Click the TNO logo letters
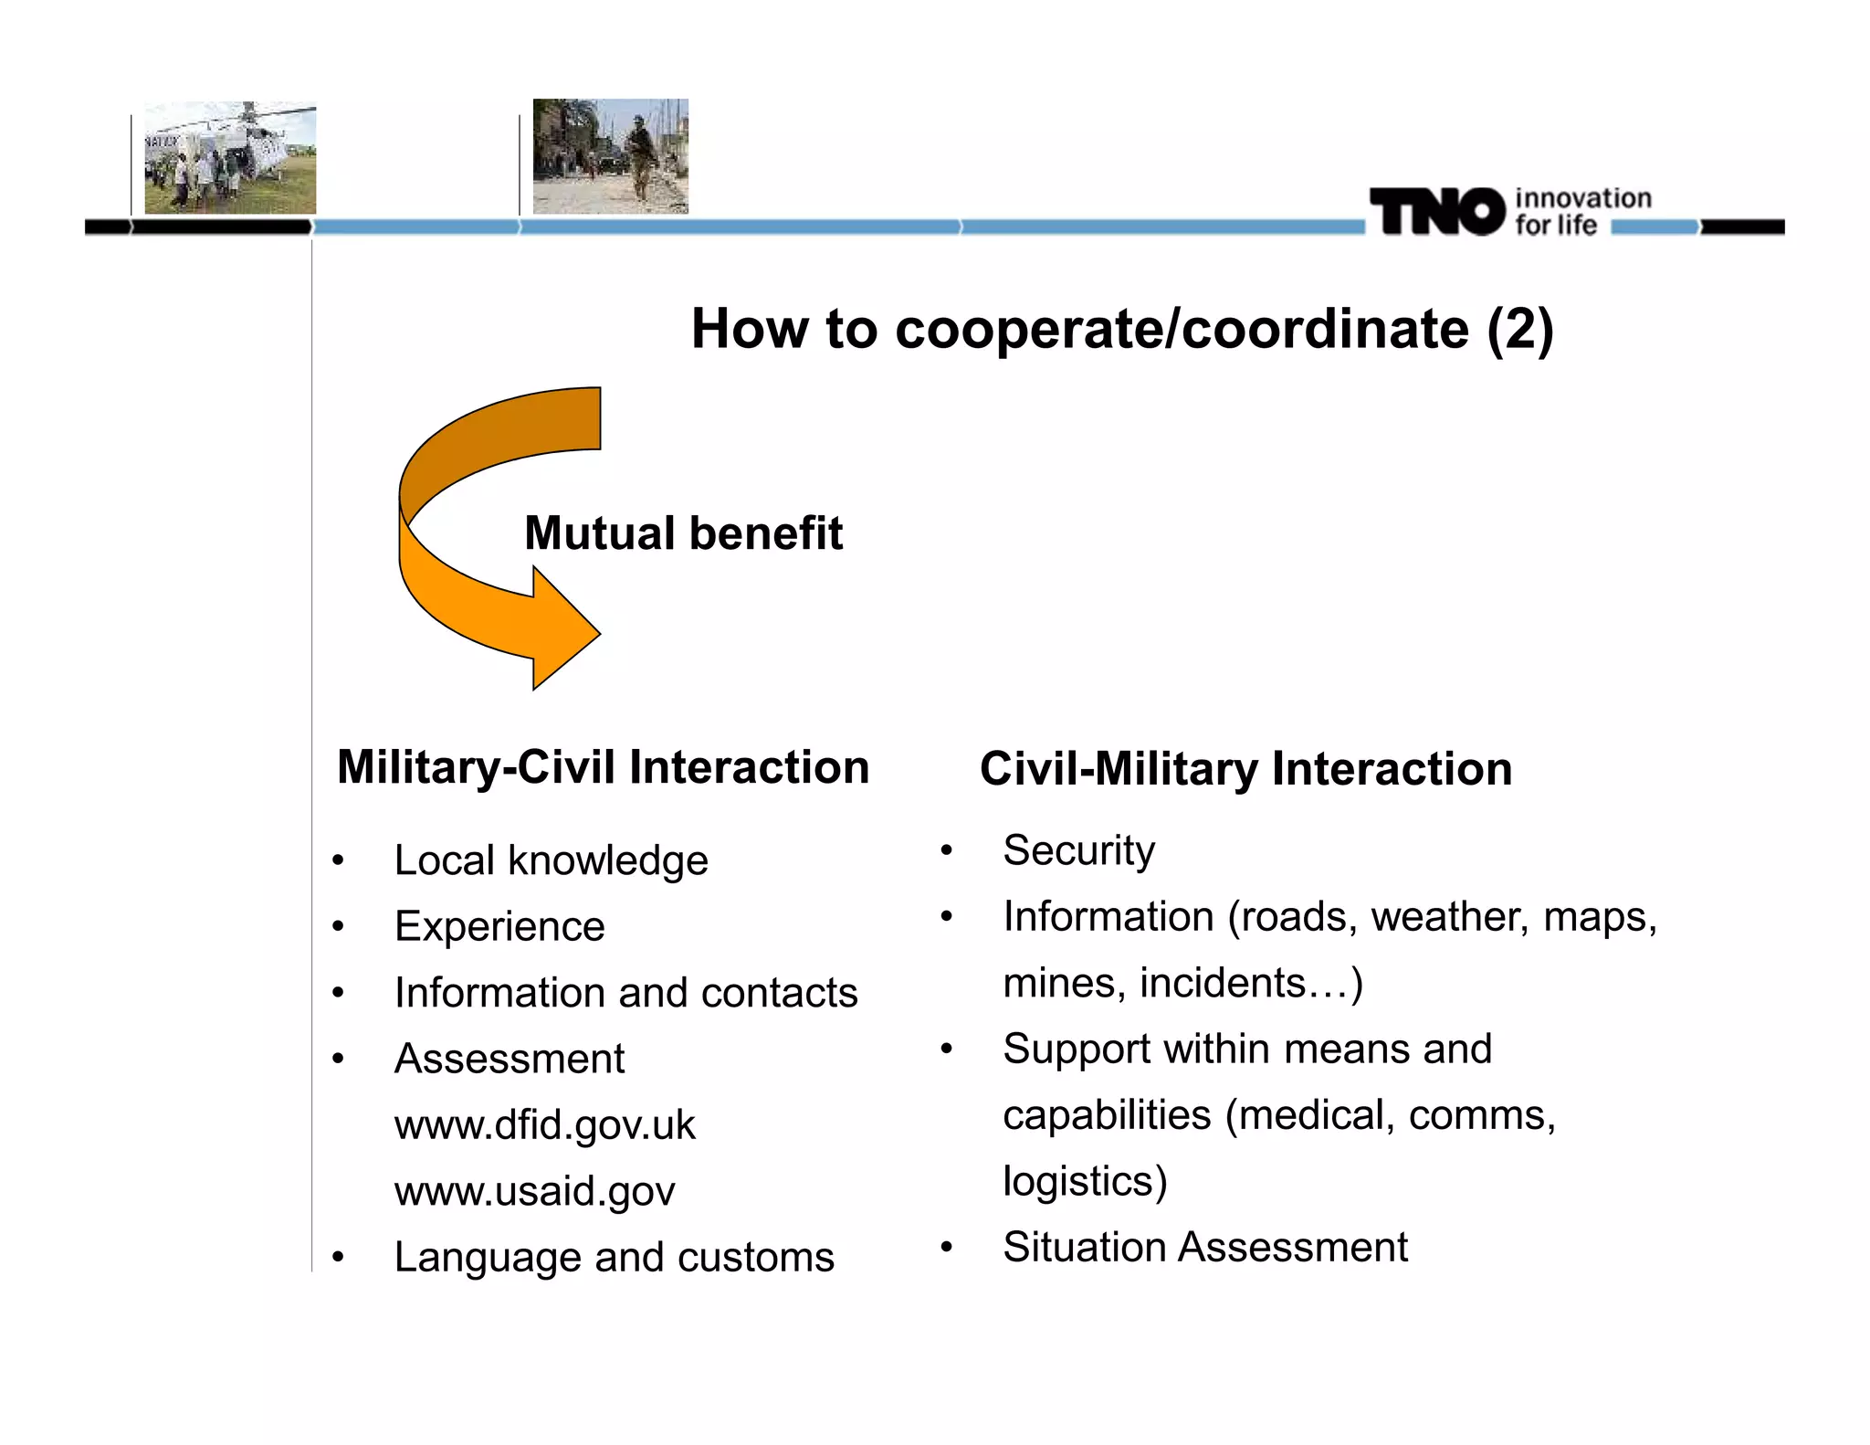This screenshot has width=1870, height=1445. pos(1436,211)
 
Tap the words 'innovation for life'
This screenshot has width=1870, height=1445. pos(1581,211)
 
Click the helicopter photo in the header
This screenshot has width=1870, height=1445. pos(230,158)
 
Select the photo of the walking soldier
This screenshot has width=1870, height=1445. pos(610,156)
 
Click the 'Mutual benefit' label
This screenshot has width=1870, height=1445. pos(683,533)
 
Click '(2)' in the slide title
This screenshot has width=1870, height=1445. pos(1519,329)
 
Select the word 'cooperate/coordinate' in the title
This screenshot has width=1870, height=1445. pos(1182,329)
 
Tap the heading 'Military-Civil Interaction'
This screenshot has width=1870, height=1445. pos(603,766)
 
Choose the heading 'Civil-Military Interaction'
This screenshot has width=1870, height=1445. pos(1245,768)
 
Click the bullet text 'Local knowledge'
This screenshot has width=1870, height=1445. pos(551,860)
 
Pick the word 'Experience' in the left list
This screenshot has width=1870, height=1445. pos(499,926)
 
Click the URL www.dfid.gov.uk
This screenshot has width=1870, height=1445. pos(544,1124)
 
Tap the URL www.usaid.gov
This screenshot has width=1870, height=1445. pos(534,1191)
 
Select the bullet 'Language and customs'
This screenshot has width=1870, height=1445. pos(614,1257)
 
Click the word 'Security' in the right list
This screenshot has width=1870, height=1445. pos(1078,850)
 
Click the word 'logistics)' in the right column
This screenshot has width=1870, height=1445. pos(1085,1181)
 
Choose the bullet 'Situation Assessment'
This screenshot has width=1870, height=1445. pos(1204,1247)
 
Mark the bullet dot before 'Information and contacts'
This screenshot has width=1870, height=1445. pos(339,993)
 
